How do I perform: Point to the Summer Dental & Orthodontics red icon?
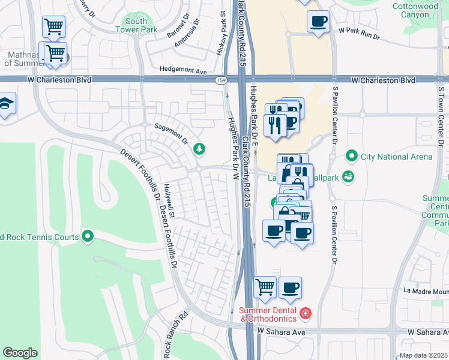tap(306, 313)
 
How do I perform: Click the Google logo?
tap(20, 353)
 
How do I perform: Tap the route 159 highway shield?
tap(220, 79)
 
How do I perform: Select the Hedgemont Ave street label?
tap(182, 70)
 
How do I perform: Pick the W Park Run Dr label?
tap(359, 32)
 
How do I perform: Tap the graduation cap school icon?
tap(5, 104)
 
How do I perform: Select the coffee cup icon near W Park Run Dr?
tap(318, 22)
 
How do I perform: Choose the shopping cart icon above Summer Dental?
tap(265, 287)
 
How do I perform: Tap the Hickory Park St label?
tap(221, 33)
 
